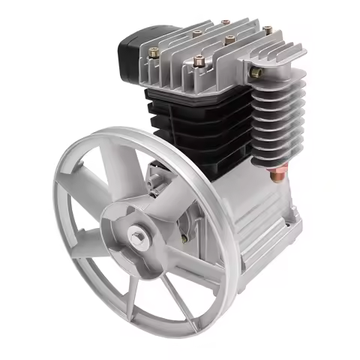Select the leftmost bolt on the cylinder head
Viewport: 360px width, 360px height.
(154, 53)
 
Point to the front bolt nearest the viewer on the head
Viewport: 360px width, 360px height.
(197, 63)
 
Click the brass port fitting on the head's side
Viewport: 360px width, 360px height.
(256, 72)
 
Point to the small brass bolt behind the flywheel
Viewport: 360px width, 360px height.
(184, 240)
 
